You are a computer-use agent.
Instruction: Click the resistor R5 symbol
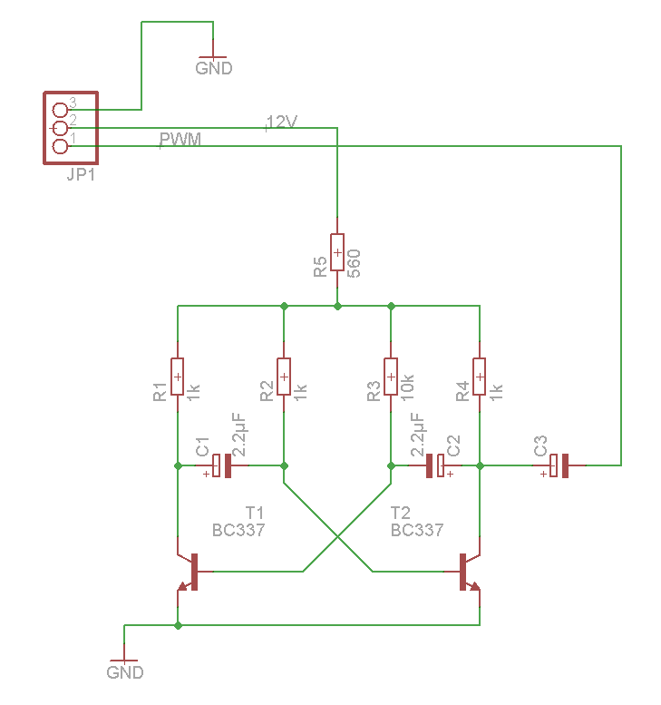coord(337,251)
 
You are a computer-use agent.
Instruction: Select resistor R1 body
coord(178,377)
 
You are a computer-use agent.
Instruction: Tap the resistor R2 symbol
coord(284,377)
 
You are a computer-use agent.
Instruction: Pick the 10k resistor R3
coord(391,377)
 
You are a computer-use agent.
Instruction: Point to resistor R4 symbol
coord(480,377)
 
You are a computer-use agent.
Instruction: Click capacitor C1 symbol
coord(222,465)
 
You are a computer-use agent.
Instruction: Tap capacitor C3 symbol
coord(559,465)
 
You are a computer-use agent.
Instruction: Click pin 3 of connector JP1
coord(61,110)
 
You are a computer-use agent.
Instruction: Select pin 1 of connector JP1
coord(61,146)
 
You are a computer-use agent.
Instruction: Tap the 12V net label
coord(281,122)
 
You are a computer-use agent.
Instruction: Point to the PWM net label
coord(180,140)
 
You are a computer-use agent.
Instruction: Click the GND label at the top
coord(214,68)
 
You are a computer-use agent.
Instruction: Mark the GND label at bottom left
coord(125,672)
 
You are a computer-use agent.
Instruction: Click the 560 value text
coord(355,262)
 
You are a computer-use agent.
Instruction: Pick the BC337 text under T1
coord(238,530)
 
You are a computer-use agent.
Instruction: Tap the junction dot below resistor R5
coord(337,306)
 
